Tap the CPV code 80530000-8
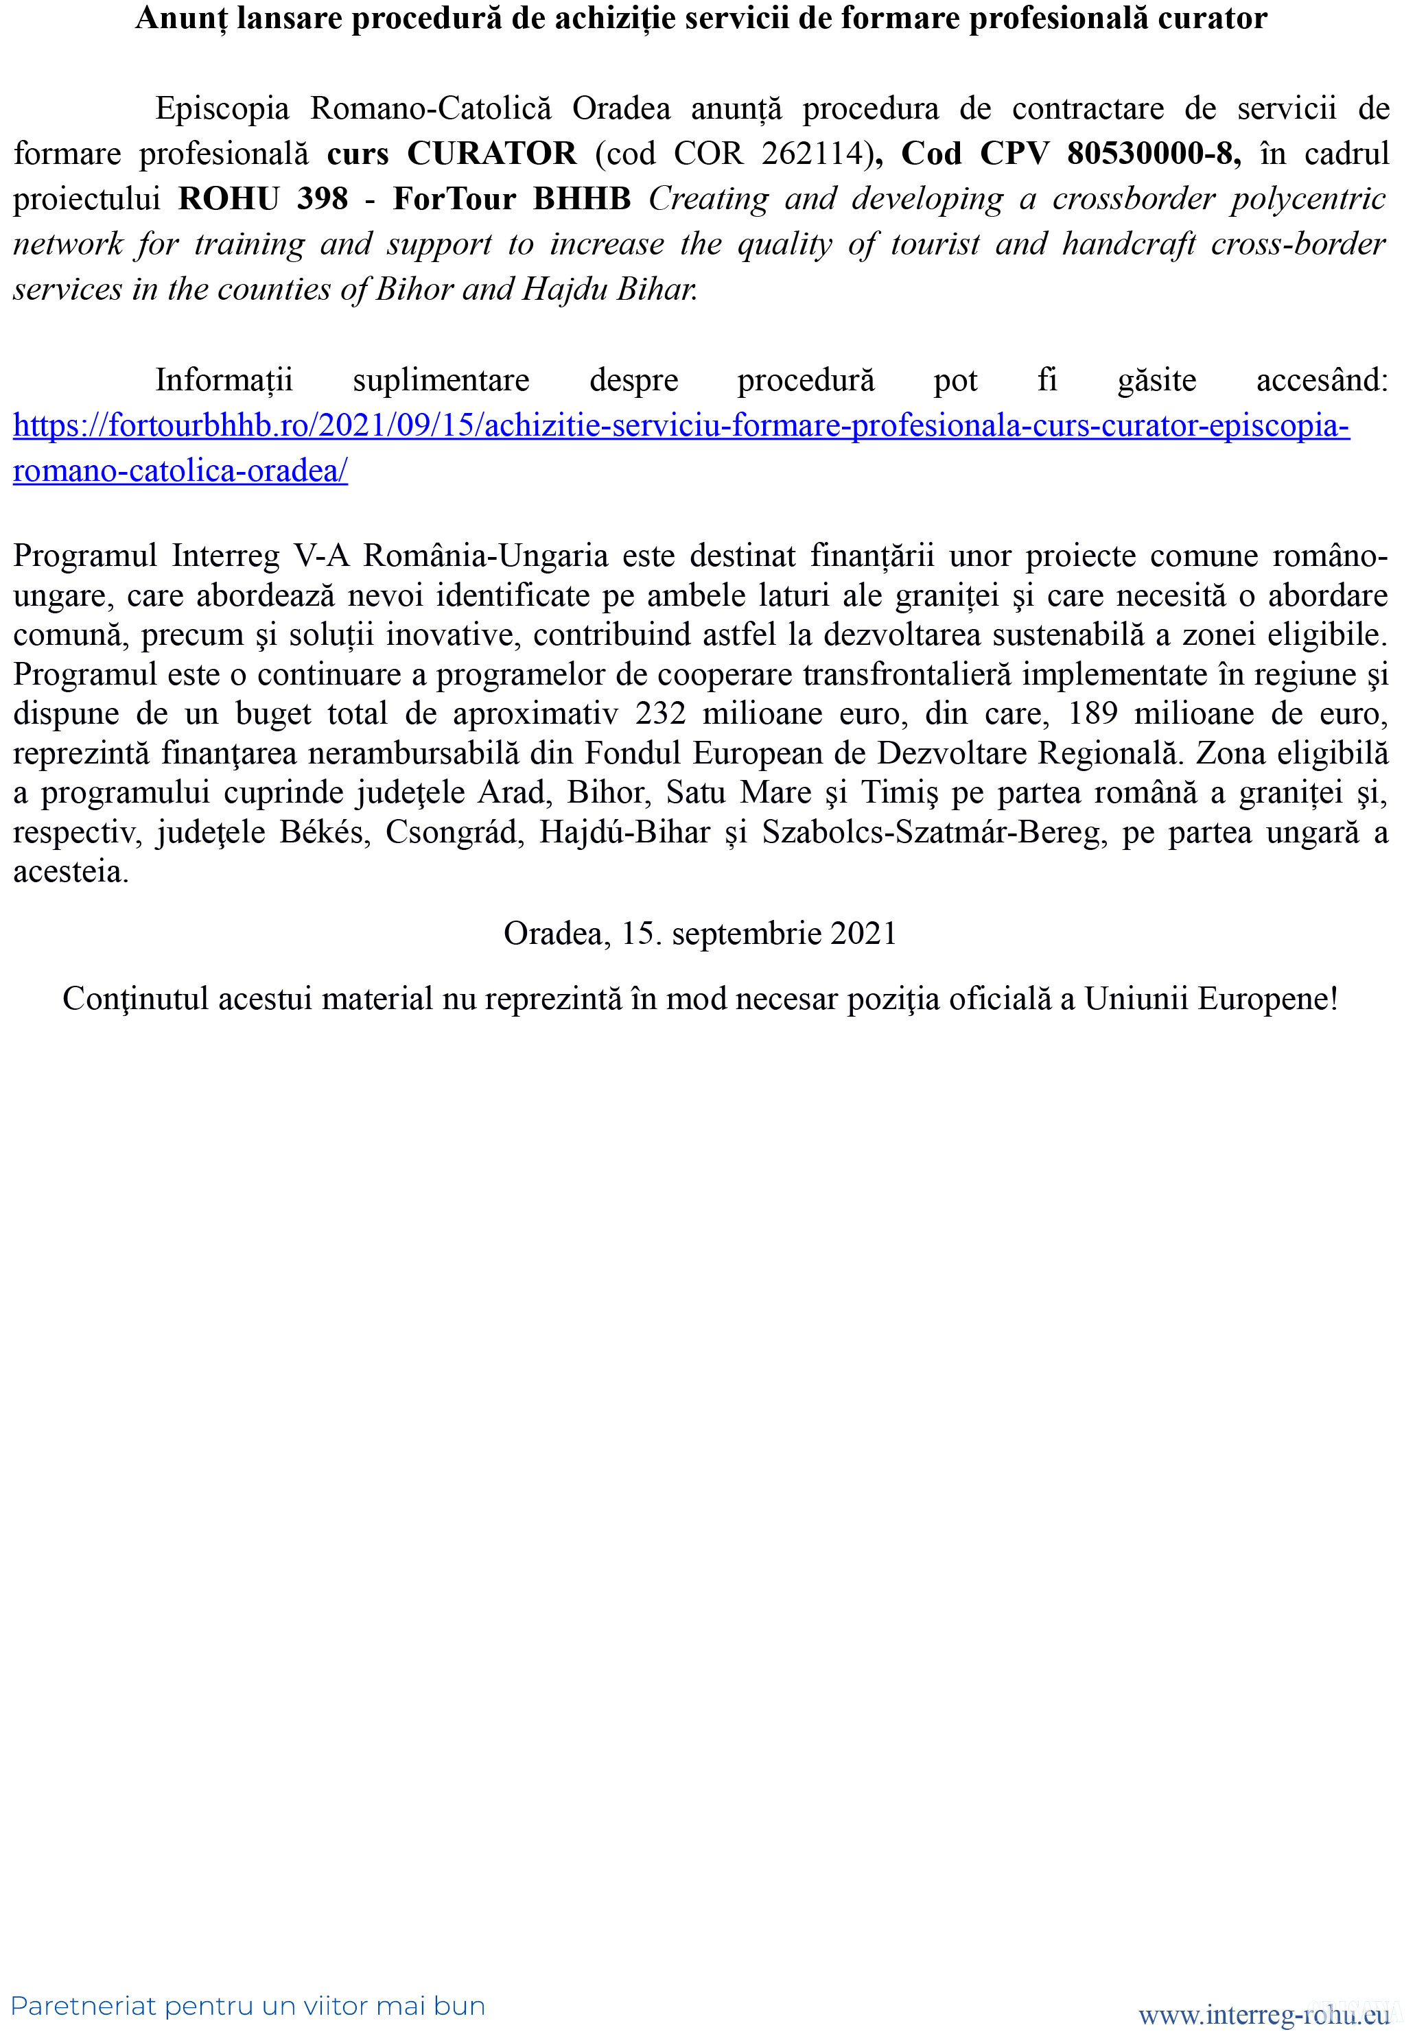pos(1153,153)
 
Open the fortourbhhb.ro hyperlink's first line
pos(681,426)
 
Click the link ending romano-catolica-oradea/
pos(180,471)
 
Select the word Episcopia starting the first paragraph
pos(222,108)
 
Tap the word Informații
pos(223,380)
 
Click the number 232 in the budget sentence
pos(660,714)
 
